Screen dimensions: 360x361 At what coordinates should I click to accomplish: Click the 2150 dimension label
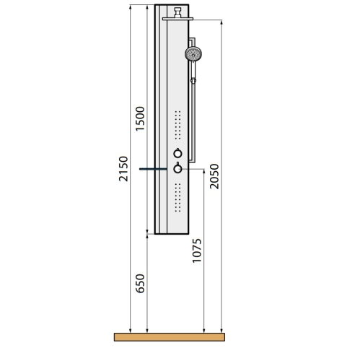tap(123, 169)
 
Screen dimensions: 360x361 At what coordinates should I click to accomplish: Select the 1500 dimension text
tap(140, 118)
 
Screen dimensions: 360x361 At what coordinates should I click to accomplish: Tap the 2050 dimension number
tap(214, 176)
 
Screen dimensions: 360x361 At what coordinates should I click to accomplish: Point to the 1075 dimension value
tap(197, 251)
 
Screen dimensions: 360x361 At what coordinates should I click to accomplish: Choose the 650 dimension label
tap(140, 284)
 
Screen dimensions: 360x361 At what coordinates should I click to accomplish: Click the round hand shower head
tap(193, 54)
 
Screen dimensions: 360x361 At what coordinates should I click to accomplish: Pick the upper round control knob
tap(177, 153)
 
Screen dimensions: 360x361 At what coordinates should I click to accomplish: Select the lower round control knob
tap(177, 168)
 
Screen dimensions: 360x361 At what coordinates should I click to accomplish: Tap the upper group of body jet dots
tap(177, 125)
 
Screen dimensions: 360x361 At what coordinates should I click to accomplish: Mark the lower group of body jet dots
tap(177, 198)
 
